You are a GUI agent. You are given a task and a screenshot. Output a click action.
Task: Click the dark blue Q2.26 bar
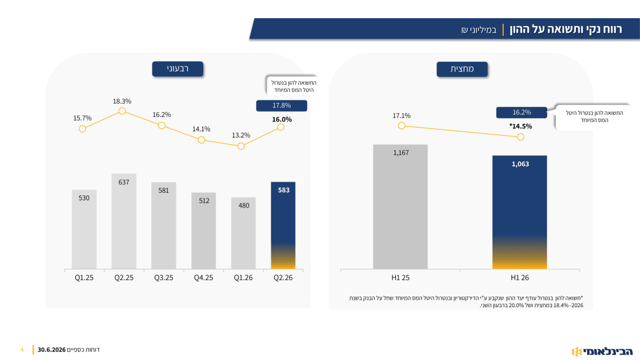pos(283,225)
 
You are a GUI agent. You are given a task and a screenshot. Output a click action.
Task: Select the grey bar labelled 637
pos(124,221)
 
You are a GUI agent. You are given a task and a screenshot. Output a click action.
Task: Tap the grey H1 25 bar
pos(401,206)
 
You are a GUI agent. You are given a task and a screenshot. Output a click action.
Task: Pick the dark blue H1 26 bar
pos(519,212)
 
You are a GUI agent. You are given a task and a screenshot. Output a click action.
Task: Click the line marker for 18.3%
pos(122,111)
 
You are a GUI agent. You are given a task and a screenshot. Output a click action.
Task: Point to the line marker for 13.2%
pos(241,146)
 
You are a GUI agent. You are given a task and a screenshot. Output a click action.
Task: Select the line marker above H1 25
pos(402,126)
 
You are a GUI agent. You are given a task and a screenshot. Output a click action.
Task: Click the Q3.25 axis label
pos(163,278)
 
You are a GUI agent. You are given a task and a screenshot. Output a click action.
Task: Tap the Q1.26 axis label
pos(243,278)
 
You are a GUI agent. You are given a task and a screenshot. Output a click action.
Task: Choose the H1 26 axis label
pos(519,278)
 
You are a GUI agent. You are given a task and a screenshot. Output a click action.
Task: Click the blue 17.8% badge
pos(282,106)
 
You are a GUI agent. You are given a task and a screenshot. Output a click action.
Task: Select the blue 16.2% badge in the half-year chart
pos(522,113)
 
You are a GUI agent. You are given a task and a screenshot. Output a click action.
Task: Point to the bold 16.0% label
pos(282,119)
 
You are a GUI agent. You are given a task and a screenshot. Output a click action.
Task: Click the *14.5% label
pos(521,126)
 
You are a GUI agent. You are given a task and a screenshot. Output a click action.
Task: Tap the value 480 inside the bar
pos(244,205)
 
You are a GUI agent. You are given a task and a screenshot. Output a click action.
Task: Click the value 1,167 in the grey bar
pos(401,153)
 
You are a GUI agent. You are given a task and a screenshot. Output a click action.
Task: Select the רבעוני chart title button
pos(178,69)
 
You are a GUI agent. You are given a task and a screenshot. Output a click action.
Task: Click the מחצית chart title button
pos(462,69)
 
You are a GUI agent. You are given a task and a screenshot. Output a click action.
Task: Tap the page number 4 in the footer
pos(22,350)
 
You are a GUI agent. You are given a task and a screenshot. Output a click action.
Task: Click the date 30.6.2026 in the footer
pos(52,350)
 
